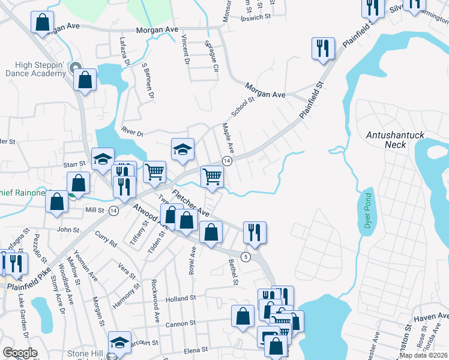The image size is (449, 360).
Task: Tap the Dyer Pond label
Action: coord(369,214)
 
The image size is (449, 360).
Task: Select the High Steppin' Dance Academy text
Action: coord(33,69)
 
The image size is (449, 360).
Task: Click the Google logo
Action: coord(20,353)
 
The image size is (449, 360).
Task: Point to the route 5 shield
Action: coord(246,257)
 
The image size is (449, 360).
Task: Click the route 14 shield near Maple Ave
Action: coord(227,161)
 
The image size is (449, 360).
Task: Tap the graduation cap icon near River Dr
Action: coord(183,149)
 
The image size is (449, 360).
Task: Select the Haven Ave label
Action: coord(431,317)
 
